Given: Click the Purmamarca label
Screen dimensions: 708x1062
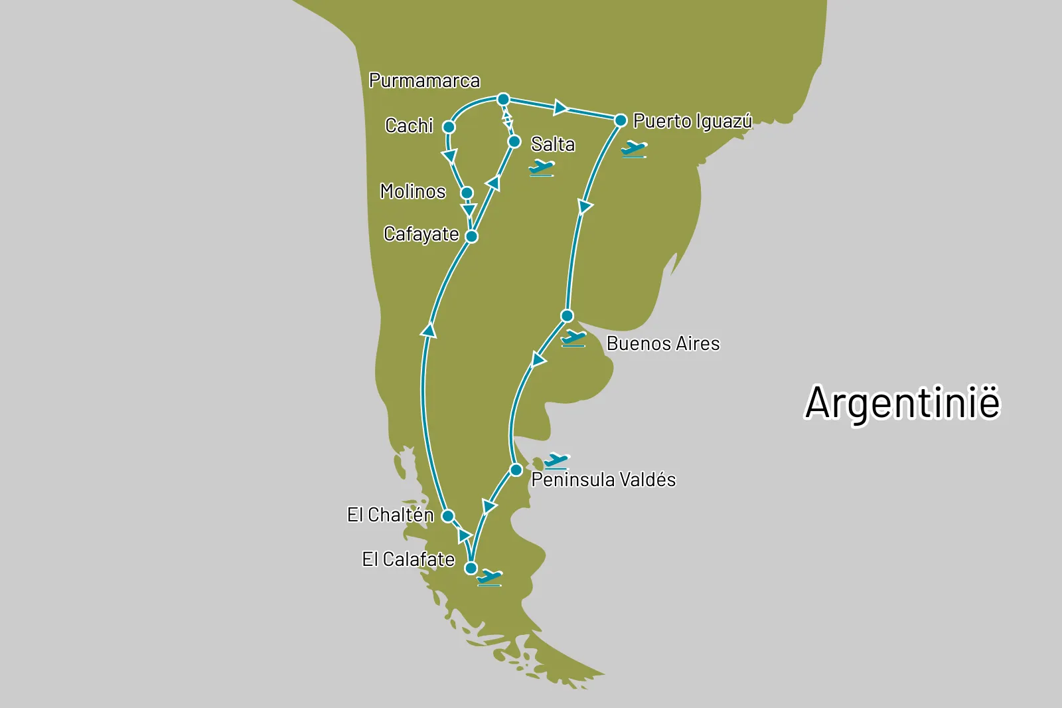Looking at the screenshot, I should pos(424,81).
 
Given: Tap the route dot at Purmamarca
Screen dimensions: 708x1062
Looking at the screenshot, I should pos(503,100).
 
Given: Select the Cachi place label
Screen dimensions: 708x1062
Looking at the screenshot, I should pos(409,126).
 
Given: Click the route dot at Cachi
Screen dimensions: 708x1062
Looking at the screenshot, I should pos(449,127).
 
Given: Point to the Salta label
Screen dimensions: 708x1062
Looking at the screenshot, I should pos(553,144).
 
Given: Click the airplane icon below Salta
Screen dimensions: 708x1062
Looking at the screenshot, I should pos(542,168).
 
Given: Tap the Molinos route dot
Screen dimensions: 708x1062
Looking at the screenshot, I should pos(467,193).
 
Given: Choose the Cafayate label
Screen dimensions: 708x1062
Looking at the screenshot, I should pos(421,234).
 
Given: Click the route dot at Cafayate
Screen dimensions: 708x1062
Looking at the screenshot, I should pos(472,236).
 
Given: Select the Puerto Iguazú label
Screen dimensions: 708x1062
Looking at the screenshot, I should pos(692,121).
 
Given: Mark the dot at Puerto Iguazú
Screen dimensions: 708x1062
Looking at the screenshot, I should pos(621,120).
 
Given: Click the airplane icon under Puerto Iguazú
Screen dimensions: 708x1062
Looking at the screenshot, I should pos(634,149).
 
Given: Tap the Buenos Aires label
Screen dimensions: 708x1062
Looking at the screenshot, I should pos(663,343).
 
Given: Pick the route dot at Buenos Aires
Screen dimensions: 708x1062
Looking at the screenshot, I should pos(567,315).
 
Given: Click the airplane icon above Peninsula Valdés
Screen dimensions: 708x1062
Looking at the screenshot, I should pos(556,460).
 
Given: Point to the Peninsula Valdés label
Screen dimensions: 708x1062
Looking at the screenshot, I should pos(603,480).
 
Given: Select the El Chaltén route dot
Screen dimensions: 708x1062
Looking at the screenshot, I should pos(448,516).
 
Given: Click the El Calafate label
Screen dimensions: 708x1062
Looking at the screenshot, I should pos(408,559).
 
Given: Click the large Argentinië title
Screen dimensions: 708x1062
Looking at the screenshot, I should pos(902,402).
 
